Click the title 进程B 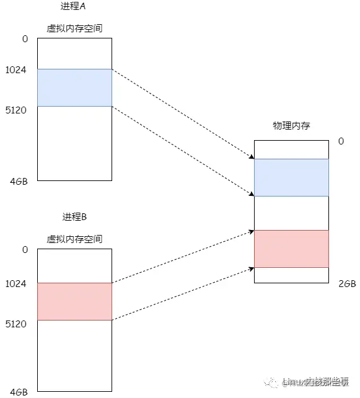74,217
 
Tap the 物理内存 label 291,126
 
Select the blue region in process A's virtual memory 74,87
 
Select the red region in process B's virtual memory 74,301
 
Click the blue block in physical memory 291,177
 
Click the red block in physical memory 291,249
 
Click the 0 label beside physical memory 341,141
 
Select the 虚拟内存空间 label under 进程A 74,29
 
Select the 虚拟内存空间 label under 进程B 74,239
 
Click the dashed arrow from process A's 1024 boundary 183,113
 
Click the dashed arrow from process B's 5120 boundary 183,294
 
